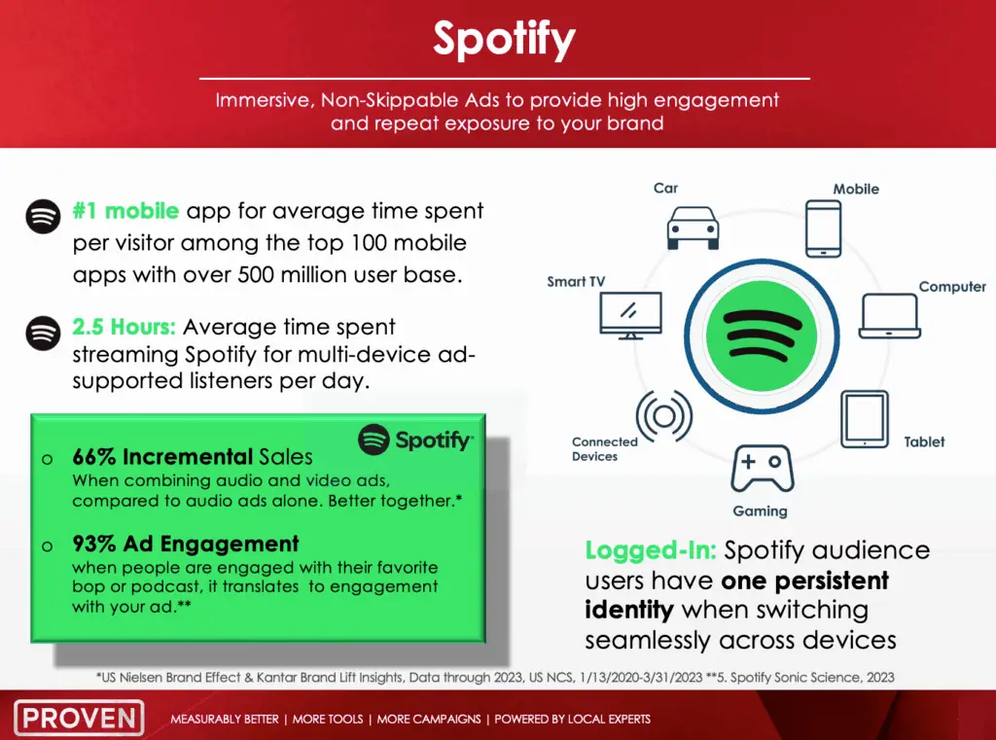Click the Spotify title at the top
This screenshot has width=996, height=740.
tap(505, 40)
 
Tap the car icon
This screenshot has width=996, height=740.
tap(693, 229)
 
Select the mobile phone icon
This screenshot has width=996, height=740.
tap(823, 229)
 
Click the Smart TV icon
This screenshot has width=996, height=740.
tap(630, 316)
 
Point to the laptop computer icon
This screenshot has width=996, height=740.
tap(889, 316)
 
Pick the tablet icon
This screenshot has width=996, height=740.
tap(865, 420)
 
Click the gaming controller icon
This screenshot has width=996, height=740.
tap(763, 469)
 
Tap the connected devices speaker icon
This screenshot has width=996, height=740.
tap(664, 417)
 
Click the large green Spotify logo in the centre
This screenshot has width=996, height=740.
tap(762, 336)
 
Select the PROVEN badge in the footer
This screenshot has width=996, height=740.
tap(80, 718)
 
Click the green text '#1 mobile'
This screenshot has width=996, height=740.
tap(125, 210)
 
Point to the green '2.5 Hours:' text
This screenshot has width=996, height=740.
tap(124, 327)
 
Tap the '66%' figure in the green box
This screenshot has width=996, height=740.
tap(94, 456)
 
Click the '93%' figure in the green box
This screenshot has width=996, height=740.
tap(94, 544)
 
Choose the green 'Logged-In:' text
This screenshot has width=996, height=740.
tap(651, 550)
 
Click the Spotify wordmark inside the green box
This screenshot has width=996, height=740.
tap(415, 440)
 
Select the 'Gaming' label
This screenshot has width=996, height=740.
tap(760, 511)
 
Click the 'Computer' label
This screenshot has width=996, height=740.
tap(952, 287)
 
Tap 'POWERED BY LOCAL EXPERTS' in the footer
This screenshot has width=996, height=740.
tap(572, 719)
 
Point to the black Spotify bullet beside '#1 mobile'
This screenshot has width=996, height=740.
tap(43, 217)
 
